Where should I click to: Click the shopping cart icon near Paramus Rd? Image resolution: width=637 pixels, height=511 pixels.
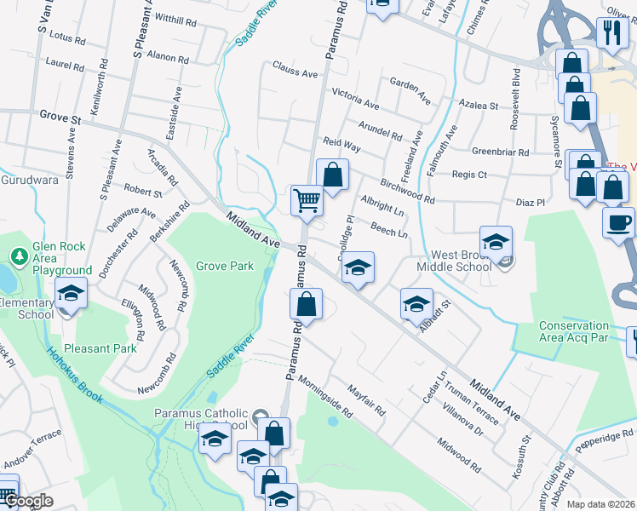click(x=307, y=201)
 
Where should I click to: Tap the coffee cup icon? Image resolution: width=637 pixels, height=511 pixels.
click(x=618, y=222)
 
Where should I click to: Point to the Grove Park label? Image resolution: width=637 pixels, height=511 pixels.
click(x=225, y=266)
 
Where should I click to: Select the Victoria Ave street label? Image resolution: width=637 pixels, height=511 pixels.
click(x=355, y=98)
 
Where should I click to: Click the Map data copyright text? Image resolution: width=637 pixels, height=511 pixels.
click(x=600, y=504)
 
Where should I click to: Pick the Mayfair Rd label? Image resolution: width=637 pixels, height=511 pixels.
click(x=366, y=400)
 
